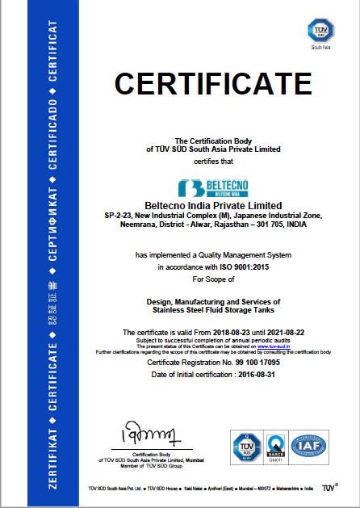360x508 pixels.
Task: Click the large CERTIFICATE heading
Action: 213,84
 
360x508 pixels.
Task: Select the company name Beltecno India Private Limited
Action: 212,204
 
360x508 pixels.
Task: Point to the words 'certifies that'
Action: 212,160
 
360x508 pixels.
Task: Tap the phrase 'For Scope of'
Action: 212,279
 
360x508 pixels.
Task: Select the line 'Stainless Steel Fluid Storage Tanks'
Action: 212,309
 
